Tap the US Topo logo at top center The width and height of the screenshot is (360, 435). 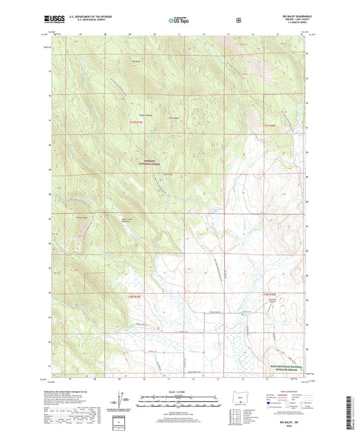pos(179,20)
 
